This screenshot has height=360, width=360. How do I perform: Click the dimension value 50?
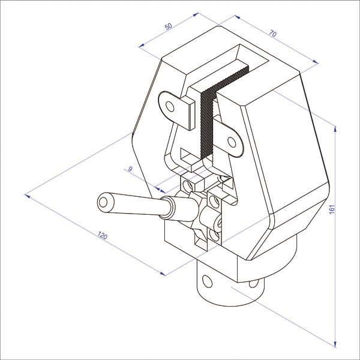[x=169, y=26]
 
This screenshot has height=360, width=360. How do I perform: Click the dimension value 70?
[x=273, y=34]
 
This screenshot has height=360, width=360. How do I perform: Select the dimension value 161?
[x=332, y=209]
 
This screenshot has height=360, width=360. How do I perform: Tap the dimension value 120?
[x=103, y=236]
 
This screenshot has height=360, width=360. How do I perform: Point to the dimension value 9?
[x=130, y=169]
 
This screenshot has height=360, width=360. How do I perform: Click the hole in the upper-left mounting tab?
[x=170, y=107]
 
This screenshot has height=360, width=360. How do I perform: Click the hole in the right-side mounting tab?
[x=232, y=142]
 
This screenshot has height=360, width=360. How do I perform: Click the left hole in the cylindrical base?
[x=208, y=281]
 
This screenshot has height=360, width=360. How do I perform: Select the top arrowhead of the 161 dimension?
[x=335, y=129]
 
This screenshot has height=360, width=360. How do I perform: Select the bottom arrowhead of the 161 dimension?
[x=335, y=344]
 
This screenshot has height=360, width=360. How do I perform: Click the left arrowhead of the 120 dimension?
[x=27, y=196]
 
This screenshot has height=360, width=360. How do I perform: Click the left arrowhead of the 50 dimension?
[x=142, y=45]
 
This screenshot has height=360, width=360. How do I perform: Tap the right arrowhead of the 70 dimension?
[x=316, y=62]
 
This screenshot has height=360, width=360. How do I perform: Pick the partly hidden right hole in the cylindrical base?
[x=253, y=284]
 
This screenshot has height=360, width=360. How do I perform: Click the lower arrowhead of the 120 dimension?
[x=163, y=274]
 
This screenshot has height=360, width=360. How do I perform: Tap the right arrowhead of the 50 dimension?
[x=196, y=14]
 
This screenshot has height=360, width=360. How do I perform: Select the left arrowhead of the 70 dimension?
[x=238, y=17]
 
